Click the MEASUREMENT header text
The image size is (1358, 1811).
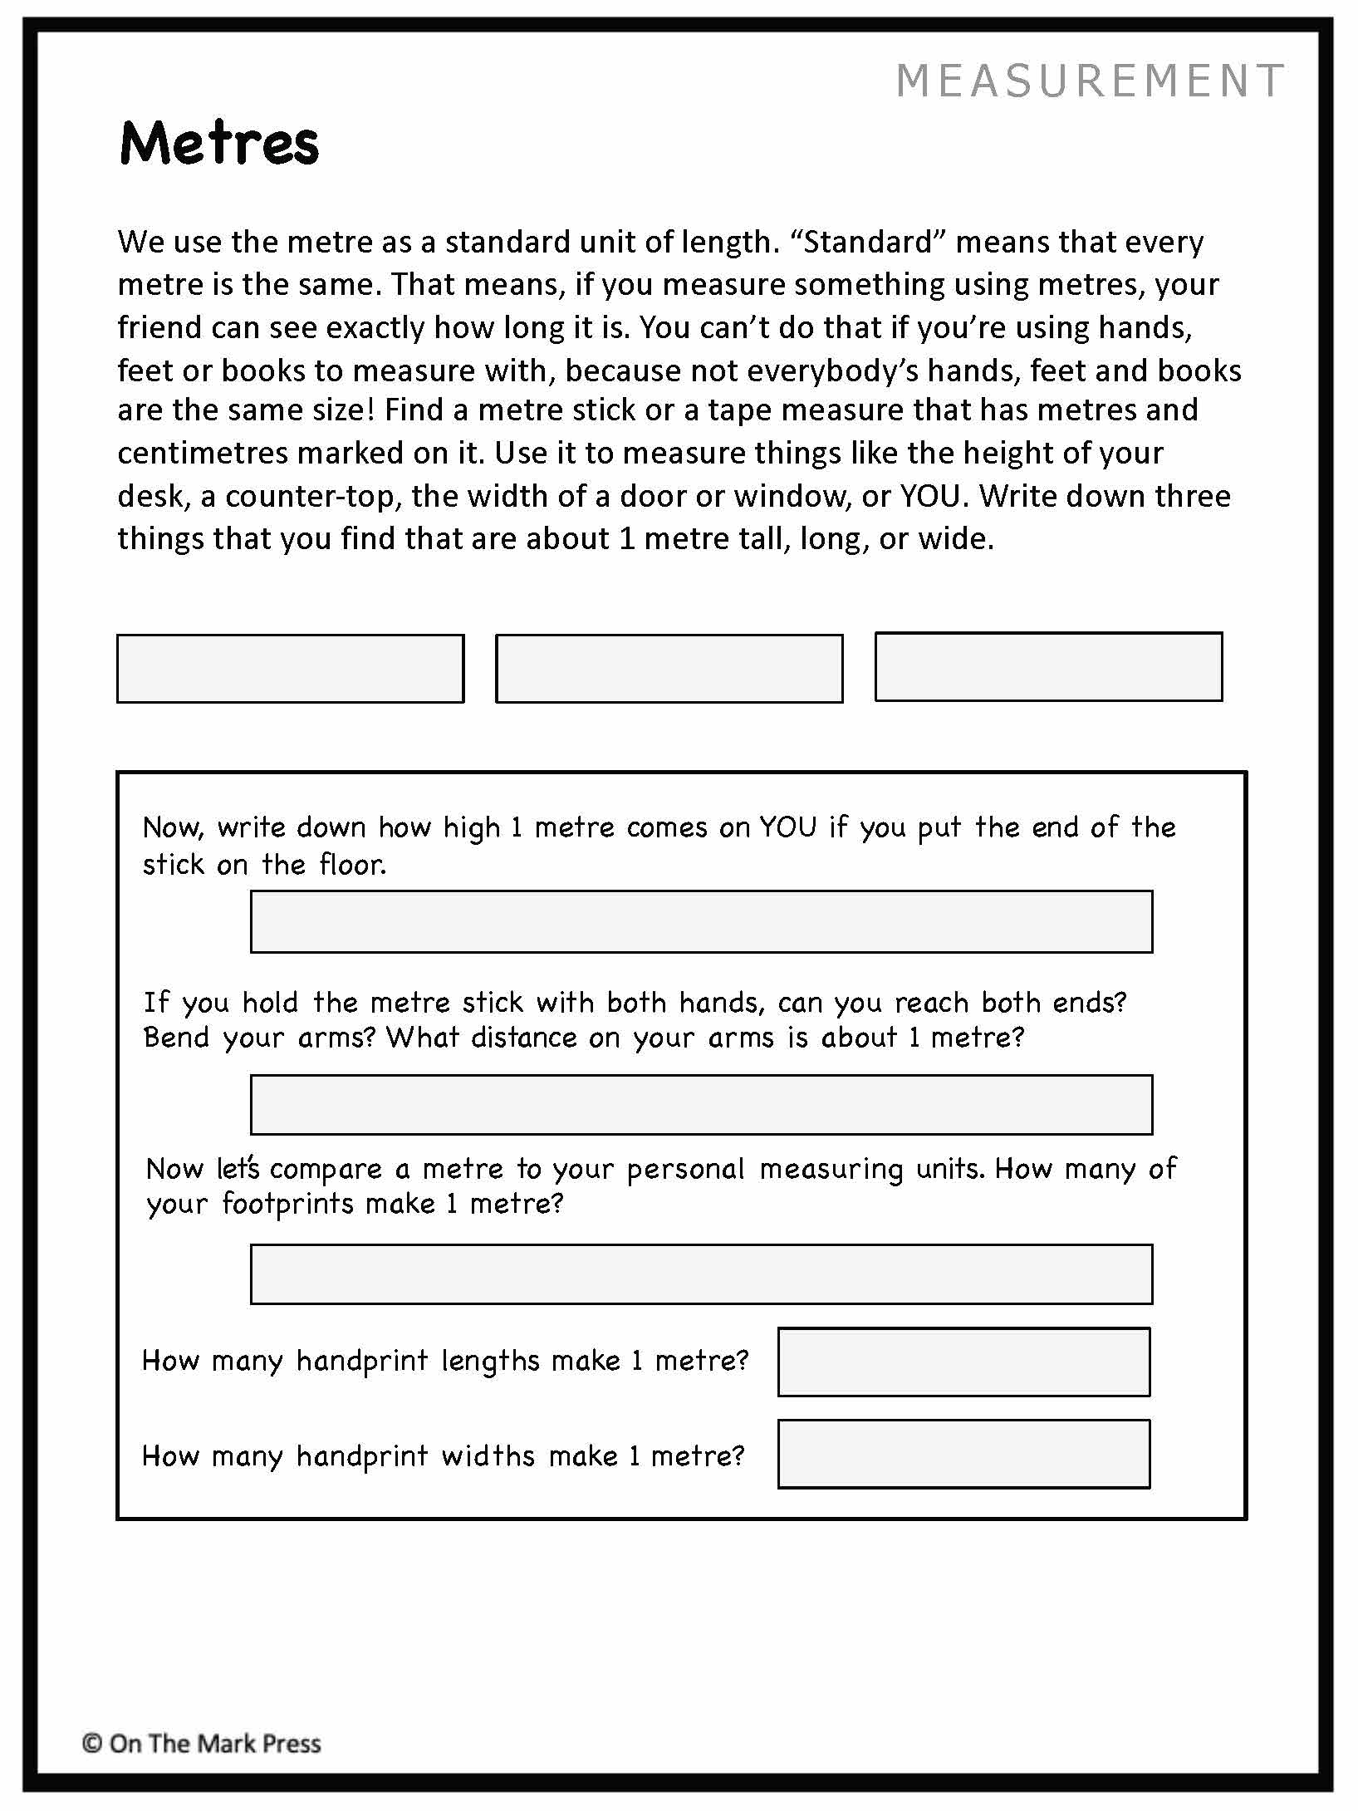coord(1090,81)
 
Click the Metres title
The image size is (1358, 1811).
coord(219,143)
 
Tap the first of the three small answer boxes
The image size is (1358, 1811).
coord(290,669)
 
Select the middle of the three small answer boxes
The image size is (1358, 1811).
coord(669,669)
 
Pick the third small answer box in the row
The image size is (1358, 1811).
coord(1048,667)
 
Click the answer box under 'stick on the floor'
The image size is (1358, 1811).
coord(701,922)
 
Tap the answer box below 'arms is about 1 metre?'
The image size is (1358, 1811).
coord(701,1105)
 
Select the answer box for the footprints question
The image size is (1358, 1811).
coord(701,1274)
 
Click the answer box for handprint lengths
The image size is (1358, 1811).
coord(963,1362)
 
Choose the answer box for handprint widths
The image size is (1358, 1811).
coord(963,1454)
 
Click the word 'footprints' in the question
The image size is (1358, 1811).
coord(287,1204)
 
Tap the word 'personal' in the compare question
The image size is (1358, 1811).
coord(685,1170)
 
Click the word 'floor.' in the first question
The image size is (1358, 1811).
coord(353,865)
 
